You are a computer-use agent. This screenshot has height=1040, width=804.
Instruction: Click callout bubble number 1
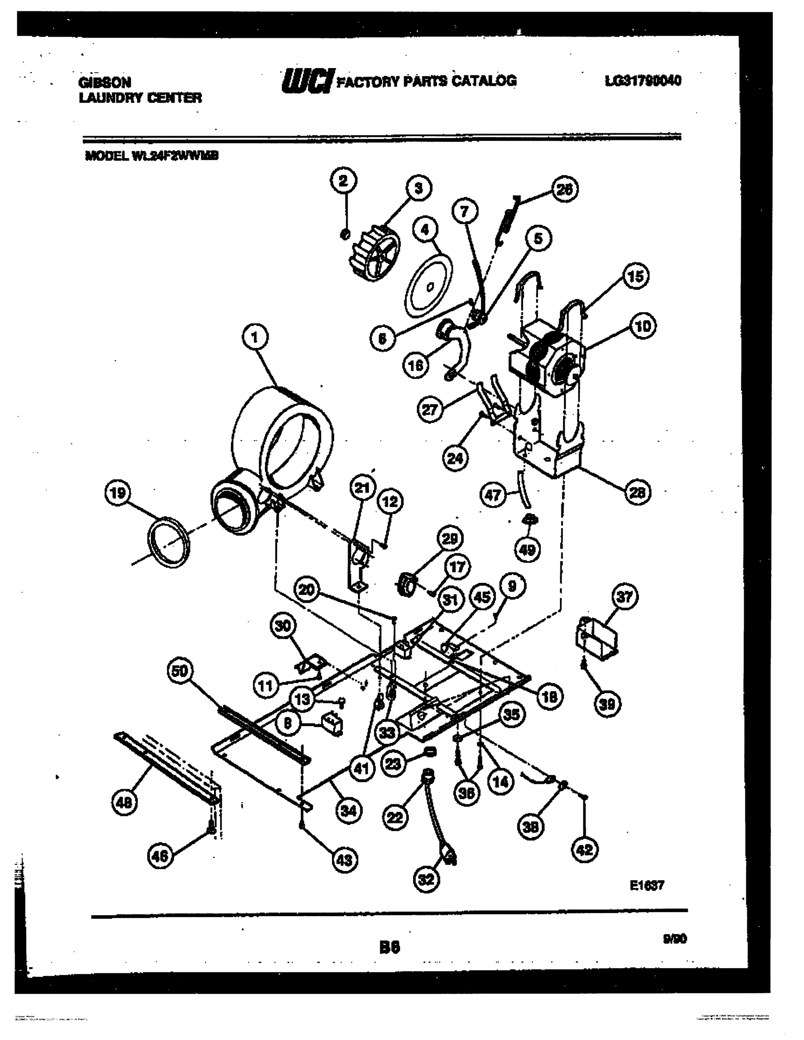[x=255, y=338]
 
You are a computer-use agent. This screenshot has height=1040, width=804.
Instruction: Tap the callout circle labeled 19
[x=117, y=493]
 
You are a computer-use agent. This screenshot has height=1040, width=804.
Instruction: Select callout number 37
[x=625, y=597]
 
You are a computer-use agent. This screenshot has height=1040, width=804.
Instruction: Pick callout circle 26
[x=565, y=189]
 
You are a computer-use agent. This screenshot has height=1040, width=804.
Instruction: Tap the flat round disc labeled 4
[x=428, y=286]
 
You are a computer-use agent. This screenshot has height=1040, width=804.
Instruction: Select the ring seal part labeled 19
[x=168, y=542]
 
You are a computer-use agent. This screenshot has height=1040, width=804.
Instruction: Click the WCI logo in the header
[x=308, y=80]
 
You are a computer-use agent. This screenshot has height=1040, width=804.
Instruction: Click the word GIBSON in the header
[x=105, y=82]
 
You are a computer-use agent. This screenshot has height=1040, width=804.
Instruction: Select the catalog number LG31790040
[x=643, y=81]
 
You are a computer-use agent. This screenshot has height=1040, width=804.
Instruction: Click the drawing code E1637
[x=647, y=885]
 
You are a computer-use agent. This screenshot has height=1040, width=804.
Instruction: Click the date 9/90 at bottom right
[x=674, y=939]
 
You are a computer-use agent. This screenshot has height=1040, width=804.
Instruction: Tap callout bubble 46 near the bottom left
[x=159, y=857]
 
